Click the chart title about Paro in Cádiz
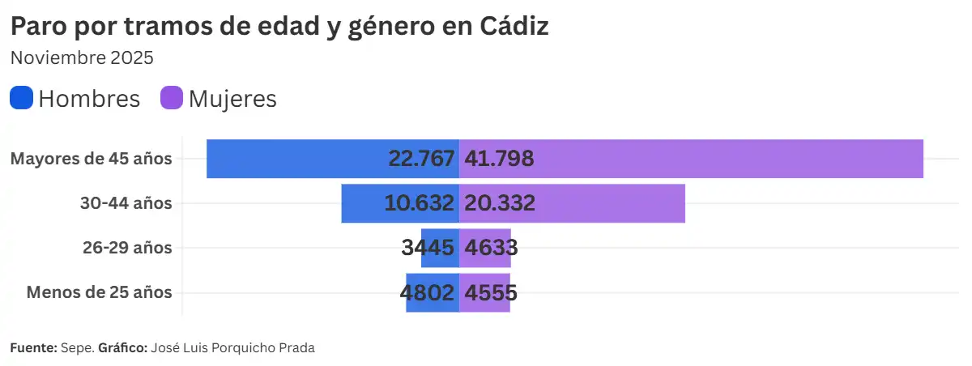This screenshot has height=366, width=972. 279,26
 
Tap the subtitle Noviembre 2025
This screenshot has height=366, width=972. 82,58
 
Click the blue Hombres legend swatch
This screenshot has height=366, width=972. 21,98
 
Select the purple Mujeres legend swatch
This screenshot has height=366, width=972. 172,98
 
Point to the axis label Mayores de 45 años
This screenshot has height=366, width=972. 91,159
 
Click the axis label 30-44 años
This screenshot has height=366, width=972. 126,203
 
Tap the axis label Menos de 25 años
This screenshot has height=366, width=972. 99,292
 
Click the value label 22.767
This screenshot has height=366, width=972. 421,159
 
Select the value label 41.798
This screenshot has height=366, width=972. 498,159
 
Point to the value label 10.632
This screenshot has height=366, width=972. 419,203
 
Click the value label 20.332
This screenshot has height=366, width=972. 499,203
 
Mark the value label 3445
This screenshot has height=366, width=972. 428,248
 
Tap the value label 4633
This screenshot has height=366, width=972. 490,248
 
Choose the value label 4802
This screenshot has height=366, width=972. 427,292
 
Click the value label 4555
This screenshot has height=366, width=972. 489,292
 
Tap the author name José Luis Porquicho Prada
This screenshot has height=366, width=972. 232,348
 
